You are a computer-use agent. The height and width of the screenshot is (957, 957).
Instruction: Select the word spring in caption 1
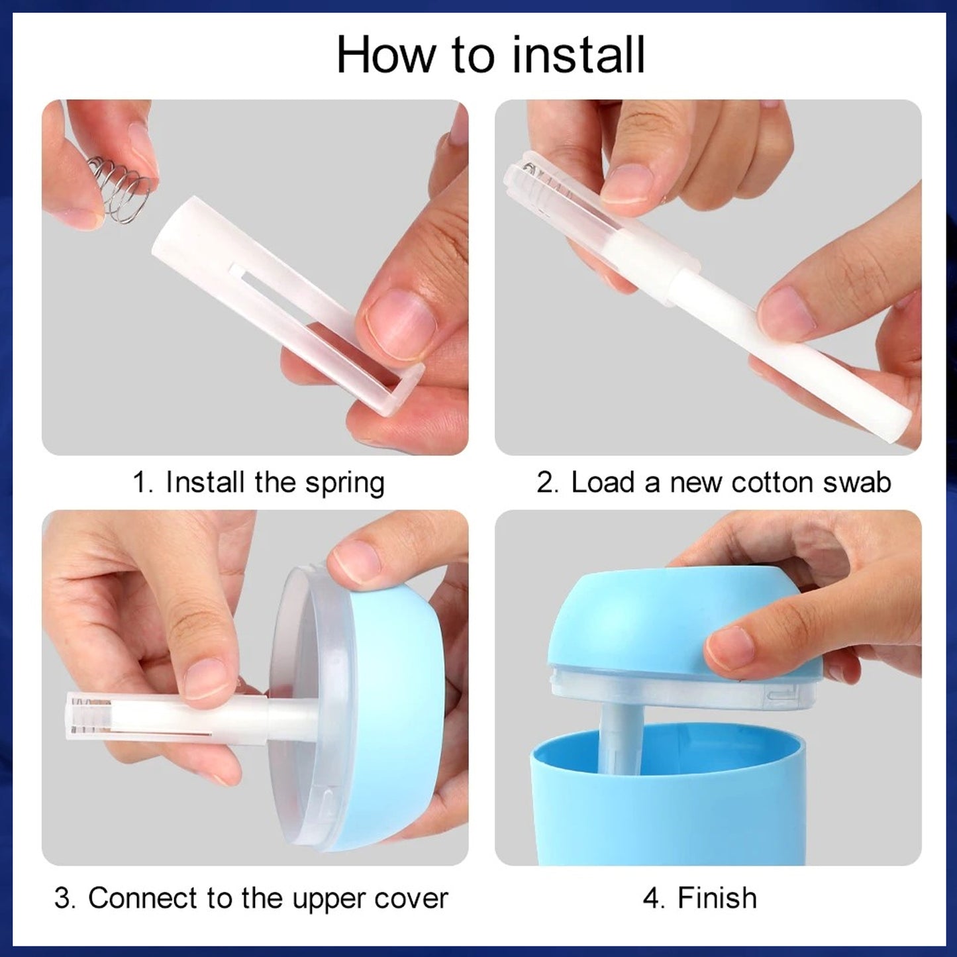click(344, 483)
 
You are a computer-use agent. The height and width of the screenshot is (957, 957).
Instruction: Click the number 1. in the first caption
click(143, 483)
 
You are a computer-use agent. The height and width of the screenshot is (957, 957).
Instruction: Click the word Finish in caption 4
click(717, 899)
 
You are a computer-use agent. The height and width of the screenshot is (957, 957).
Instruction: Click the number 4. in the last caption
click(654, 899)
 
